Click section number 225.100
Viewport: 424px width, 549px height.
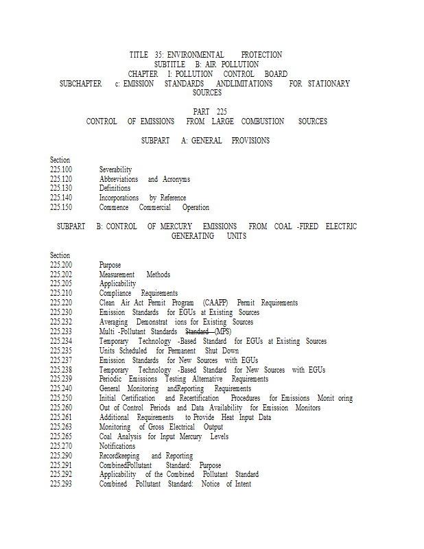point(61,170)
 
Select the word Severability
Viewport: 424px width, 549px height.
point(115,170)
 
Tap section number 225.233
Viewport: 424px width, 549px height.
point(61,331)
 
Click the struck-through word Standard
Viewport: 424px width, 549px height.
point(198,331)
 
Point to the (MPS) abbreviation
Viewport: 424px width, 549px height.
point(223,331)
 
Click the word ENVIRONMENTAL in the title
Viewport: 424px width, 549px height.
point(196,55)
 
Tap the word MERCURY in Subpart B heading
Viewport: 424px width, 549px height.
point(176,226)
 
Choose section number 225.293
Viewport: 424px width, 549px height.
point(61,484)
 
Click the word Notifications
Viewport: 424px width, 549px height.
point(117,446)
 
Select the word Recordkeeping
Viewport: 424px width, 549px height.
point(119,456)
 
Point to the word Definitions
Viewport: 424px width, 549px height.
point(115,188)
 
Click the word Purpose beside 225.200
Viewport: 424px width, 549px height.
point(110,265)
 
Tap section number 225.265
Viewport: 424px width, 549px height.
point(61,436)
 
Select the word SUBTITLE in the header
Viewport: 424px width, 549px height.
point(169,65)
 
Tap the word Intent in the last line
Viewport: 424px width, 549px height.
point(243,484)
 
